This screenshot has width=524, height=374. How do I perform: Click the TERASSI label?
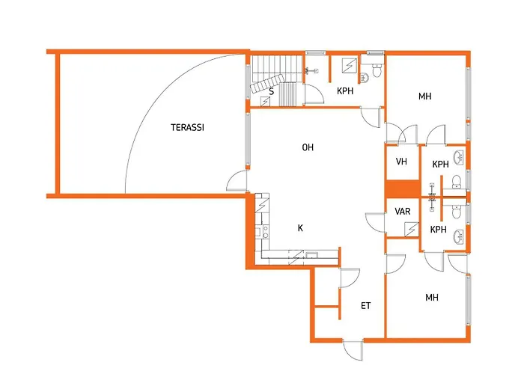(187, 128)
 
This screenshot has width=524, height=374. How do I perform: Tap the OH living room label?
(308, 147)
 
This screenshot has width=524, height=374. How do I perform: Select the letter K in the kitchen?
(300, 228)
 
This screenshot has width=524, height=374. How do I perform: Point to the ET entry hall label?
(365, 305)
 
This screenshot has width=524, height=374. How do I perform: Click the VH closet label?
(401, 162)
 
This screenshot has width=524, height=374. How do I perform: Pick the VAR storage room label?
(403, 212)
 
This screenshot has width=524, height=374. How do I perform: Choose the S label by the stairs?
(271, 91)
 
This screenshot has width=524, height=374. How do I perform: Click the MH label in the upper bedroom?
(424, 96)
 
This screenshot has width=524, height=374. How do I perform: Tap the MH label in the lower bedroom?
(432, 298)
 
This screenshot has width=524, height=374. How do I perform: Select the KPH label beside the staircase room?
(345, 91)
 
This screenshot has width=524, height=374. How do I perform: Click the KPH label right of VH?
(440, 165)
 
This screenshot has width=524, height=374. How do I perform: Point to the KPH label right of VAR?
(439, 230)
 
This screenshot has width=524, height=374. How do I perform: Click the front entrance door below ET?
(353, 350)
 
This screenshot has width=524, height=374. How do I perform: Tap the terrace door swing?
(237, 181)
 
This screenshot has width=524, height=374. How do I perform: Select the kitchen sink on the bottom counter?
(312, 256)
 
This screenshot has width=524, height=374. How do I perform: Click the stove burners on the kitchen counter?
(265, 232)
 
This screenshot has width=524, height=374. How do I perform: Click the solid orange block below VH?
(403, 188)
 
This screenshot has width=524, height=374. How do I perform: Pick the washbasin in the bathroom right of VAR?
(458, 237)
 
